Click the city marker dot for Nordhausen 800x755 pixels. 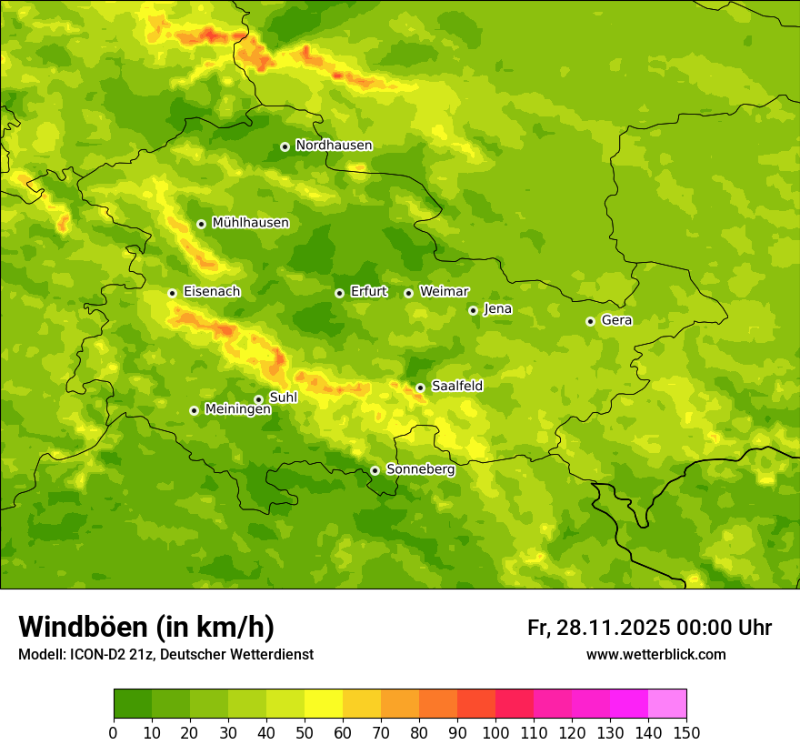[285, 146]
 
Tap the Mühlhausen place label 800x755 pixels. [250, 223]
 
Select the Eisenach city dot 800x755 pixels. [172, 293]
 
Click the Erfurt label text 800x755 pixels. [368, 292]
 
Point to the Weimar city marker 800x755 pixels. [408, 293]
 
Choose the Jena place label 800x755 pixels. [497, 309]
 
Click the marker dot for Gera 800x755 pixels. [590, 321]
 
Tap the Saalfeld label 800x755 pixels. [456, 387]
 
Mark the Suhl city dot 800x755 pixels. [258, 399]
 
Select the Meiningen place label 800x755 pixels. [237, 410]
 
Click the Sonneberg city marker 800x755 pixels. [375, 470]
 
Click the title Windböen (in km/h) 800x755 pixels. [146, 628]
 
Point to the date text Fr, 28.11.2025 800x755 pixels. [598, 628]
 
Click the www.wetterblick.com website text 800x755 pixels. [655, 655]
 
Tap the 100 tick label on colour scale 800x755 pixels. [495, 732]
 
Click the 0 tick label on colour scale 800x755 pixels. [114, 732]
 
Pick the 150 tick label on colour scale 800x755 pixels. [685, 732]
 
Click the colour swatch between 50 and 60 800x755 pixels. [324, 704]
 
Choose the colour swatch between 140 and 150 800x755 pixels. [667, 704]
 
